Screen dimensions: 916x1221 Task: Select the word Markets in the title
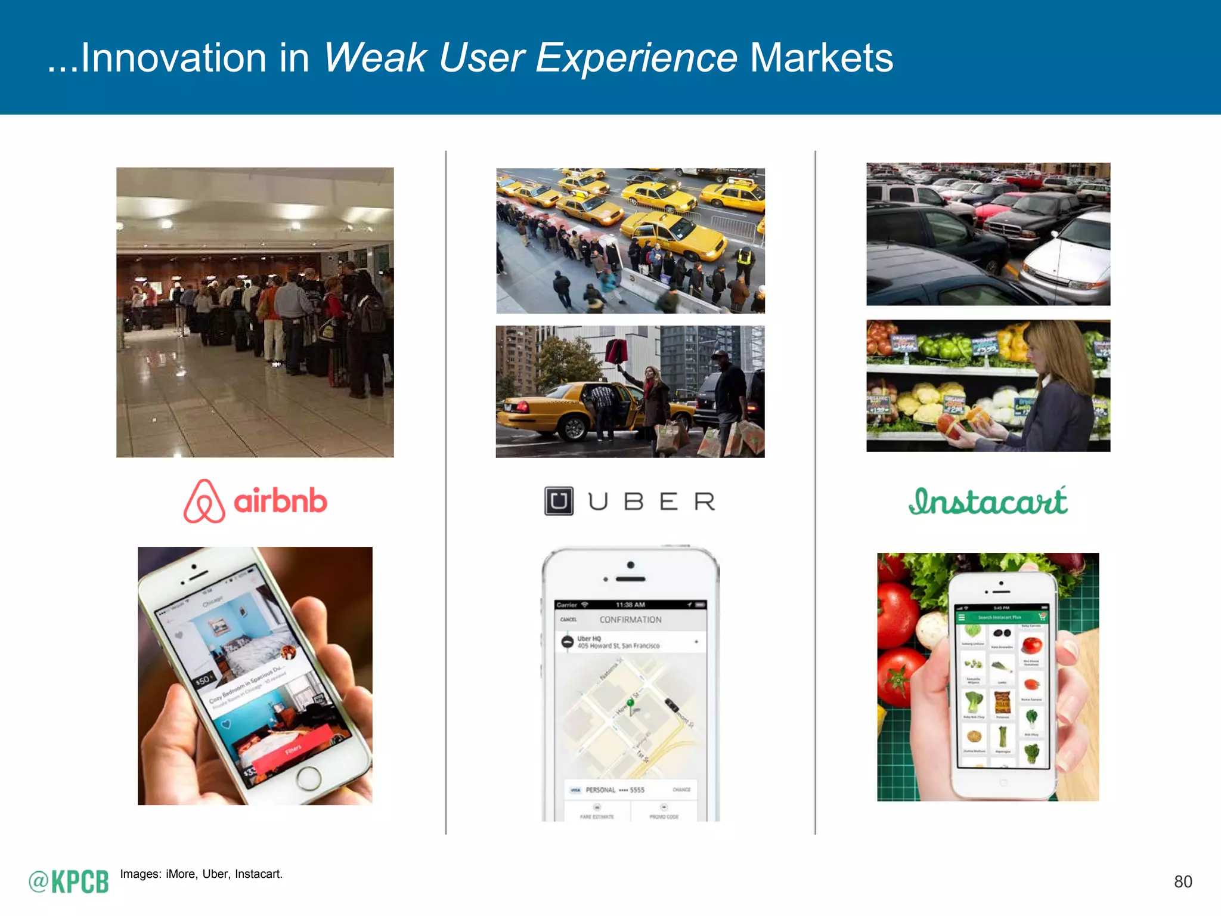(821, 58)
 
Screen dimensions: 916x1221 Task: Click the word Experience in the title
(636, 58)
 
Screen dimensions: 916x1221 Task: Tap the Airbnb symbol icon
(204, 502)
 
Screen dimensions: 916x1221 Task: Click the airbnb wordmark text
(280, 502)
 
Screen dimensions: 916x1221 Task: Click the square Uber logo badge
(559, 501)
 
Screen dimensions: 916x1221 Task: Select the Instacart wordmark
(988, 502)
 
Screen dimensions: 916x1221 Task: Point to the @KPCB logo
(69, 881)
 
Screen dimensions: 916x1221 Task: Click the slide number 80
(1183, 881)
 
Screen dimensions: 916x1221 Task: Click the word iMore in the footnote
(181, 874)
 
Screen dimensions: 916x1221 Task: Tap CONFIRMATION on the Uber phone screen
(630, 620)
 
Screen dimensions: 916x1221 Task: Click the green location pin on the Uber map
(630, 704)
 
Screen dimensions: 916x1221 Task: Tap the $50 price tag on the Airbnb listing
(203, 680)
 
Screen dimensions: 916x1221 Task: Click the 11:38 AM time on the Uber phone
(630, 605)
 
